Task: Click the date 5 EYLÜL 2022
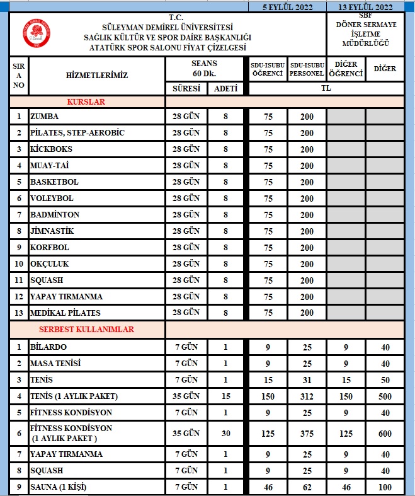(x=288, y=7)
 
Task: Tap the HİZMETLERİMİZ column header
(x=96, y=76)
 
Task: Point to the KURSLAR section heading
(x=86, y=101)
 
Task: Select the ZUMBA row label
(x=45, y=117)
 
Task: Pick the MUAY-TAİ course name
(x=51, y=166)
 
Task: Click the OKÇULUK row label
(x=50, y=264)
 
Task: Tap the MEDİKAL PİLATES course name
(x=65, y=313)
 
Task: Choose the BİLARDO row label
(x=48, y=347)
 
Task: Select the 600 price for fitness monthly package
(x=385, y=434)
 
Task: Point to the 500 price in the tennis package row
(x=385, y=396)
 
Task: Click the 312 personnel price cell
(x=307, y=396)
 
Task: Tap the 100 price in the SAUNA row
(x=385, y=488)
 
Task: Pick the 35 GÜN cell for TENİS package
(x=186, y=396)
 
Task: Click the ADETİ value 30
(x=226, y=434)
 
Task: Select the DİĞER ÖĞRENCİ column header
(x=346, y=69)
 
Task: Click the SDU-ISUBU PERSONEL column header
(x=307, y=69)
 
